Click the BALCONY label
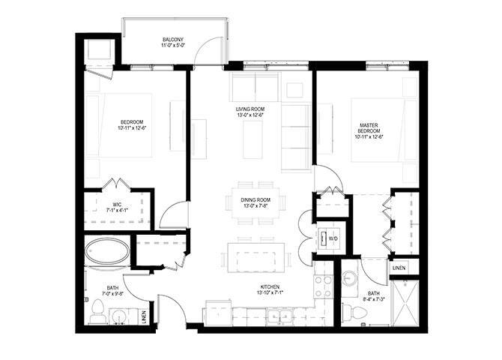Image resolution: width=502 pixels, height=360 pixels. [173, 40]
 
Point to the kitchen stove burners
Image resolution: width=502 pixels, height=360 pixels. [323, 286]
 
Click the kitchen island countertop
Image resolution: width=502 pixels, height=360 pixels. [256, 256]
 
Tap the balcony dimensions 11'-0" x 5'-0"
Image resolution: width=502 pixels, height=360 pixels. [173, 46]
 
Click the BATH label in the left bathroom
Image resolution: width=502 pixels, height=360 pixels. [112, 286]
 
